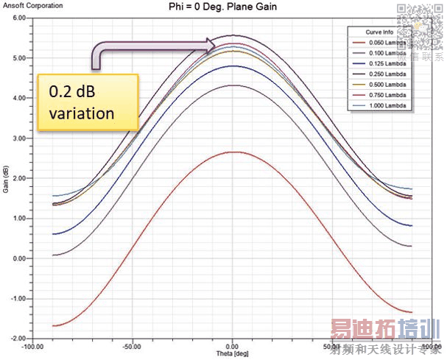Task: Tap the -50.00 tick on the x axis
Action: pyautogui.click(x=133, y=345)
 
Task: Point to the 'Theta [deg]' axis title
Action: pyautogui.click(x=232, y=351)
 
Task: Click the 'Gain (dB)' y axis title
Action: pyautogui.click(x=6, y=177)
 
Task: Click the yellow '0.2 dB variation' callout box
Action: pyautogui.click(x=88, y=102)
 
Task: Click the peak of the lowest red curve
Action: pyautogui.click(x=233, y=152)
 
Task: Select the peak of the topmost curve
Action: pyautogui.click(x=233, y=35)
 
